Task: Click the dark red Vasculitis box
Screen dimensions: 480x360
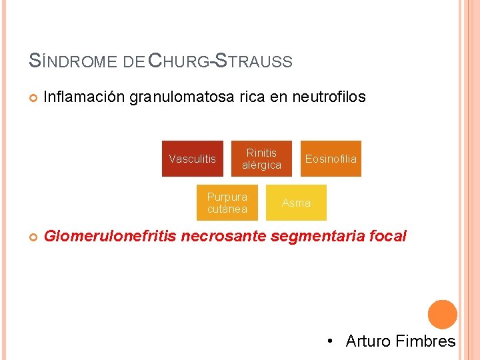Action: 193,159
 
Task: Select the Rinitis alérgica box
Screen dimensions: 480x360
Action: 261,159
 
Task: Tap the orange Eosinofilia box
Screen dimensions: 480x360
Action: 331,159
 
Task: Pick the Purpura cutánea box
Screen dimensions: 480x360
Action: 227,203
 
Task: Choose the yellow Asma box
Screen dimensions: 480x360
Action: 296,203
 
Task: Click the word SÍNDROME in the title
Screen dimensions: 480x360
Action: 74,61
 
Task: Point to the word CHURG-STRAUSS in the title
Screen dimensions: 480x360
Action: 219,61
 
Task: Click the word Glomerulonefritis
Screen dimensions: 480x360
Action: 109,235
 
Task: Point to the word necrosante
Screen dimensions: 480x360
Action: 225,235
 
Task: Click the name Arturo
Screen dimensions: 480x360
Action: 367,341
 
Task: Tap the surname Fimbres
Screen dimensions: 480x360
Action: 425,341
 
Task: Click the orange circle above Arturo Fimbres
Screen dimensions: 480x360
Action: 442,315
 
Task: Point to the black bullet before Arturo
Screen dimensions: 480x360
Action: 331,342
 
